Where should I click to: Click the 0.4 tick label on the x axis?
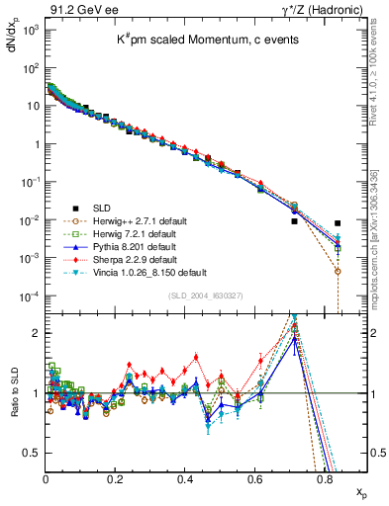(185, 479)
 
